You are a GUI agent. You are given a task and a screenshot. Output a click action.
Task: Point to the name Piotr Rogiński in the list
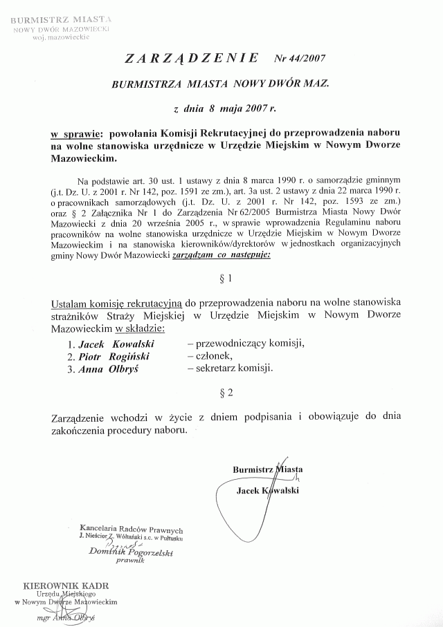point(109,356)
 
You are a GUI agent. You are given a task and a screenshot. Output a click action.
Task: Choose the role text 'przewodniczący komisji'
point(245,343)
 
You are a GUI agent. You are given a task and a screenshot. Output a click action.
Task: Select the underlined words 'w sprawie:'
point(75,131)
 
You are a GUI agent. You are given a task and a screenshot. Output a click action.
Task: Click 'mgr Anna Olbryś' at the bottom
point(66,617)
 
